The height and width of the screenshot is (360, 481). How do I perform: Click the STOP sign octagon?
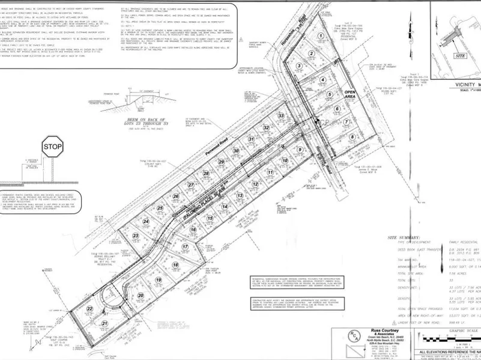coord(53,146)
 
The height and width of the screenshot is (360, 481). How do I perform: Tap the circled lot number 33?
coord(280,115)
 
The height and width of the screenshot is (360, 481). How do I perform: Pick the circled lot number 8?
coord(351,136)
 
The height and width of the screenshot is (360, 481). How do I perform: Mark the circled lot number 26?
coord(176,196)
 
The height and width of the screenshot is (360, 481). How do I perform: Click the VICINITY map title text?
coord(462,85)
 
